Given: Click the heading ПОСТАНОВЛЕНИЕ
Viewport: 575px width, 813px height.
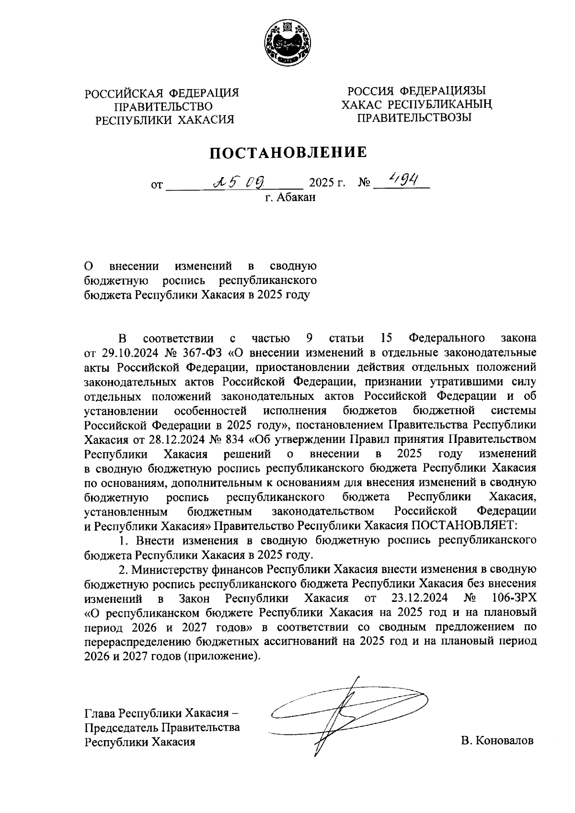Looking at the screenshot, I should coord(287,152).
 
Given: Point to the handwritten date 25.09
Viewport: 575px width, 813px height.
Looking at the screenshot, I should coord(239,181).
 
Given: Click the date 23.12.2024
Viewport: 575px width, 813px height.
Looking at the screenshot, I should coord(420,598).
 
